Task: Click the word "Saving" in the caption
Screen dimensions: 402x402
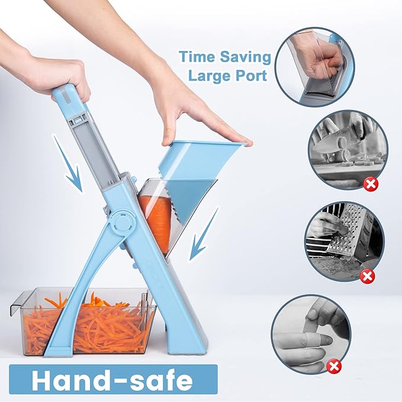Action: tap(245, 57)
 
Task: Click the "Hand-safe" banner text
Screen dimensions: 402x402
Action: tap(112, 381)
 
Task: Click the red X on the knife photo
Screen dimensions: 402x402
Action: tap(370, 184)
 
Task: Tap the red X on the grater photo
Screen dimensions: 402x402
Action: tap(368, 276)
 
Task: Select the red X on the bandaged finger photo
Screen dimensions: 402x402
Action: tap(334, 366)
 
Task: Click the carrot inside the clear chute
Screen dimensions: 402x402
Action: tap(155, 220)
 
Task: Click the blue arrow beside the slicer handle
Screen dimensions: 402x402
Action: tap(69, 164)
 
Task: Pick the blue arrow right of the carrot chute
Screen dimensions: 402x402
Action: tap(203, 233)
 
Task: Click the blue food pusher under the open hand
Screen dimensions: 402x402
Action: tap(195, 174)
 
